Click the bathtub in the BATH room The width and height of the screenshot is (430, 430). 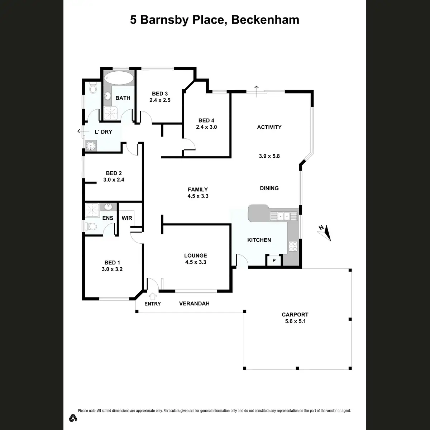tap(119, 77)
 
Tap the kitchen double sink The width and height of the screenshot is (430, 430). tap(284, 216)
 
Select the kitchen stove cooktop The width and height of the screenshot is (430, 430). tap(293, 246)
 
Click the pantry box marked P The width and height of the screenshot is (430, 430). tap(274, 261)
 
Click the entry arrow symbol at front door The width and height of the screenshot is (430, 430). tap(153, 296)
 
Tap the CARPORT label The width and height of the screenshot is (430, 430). tap(295, 315)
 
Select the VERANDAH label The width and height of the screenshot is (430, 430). tap(194, 304)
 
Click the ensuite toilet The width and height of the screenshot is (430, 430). tap(91, 226)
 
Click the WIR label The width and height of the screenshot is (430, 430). tap(127, 218)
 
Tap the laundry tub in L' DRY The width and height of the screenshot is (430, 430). tap(91, 145)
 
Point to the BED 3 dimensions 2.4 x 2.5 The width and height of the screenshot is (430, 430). tap(160, 100)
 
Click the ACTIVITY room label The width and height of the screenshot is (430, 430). tap(269, 127)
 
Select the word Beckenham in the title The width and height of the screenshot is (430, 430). tap(265, 20)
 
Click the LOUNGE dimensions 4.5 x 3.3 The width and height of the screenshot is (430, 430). tap(196, 262)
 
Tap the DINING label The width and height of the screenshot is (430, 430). tap(269, 188)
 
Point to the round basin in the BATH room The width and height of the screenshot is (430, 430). tap(107, 96)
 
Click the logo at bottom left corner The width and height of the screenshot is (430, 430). tap(73, 418)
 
